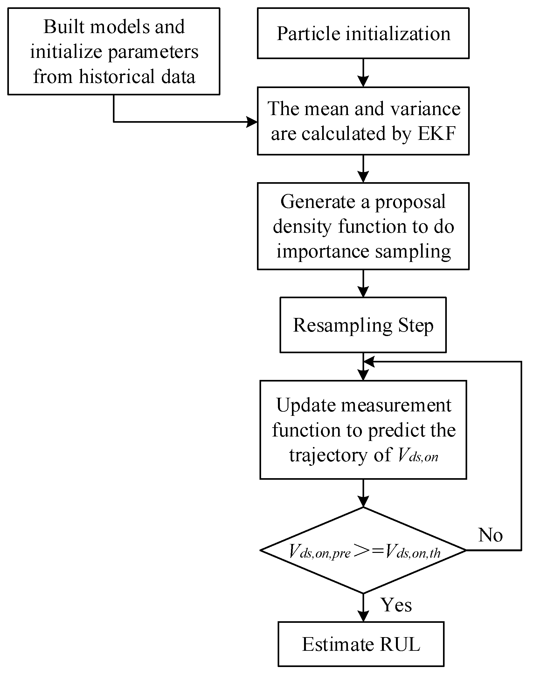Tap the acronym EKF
[437, 134]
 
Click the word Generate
[317, 202]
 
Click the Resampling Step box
[363, 325]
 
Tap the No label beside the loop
[490, 535]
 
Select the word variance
[425, 109]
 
